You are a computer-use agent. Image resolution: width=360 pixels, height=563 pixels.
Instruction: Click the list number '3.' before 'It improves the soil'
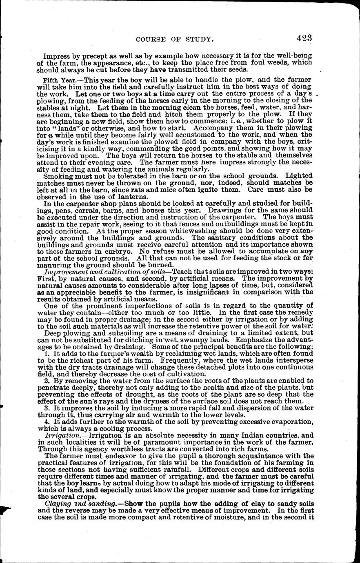tap(47, 407)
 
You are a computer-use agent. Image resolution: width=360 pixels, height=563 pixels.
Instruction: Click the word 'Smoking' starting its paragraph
tap(57, 176)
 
